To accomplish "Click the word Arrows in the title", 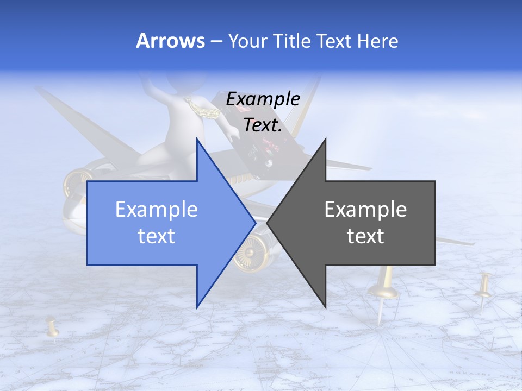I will pyautogui.click(x=171, y=41).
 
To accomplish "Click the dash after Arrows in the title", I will pyautogui.click(x=216, y=41).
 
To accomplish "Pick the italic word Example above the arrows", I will pyautogui.click(x=263, y=99).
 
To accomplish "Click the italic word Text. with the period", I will pyautogui.click(x=263, y=125).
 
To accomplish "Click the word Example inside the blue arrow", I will pyautogui.click(x=157, y=209).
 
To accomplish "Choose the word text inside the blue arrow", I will pyautogui.click(x=157, y=236).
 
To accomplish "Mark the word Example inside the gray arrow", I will pyautogui.click(x=365, y=209).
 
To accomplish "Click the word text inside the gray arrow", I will pyautogui.click(x=365, y=236).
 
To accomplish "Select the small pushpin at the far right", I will pyautogui.click(x=484, y=288).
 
